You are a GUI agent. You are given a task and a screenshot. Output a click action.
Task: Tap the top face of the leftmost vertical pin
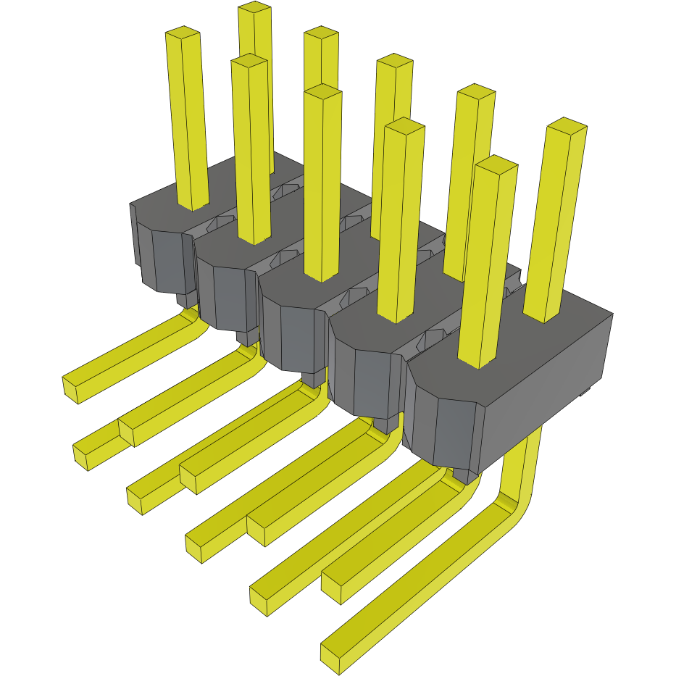(x=183, y=33)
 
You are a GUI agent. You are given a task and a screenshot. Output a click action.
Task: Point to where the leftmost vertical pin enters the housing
(x=193, y=206)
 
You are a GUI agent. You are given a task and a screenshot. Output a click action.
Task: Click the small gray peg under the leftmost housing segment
(x=186, y=299)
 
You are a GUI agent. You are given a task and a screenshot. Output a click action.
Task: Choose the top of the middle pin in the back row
(x=395, y=61)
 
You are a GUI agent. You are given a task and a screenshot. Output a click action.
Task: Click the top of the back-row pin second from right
(x=476, y=93)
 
